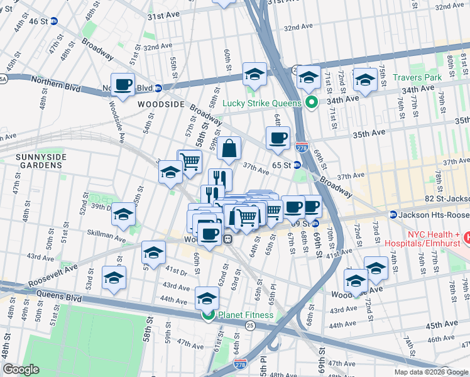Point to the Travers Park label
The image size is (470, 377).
(x=417, y=77)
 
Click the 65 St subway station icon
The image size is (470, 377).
(x=297, y=165)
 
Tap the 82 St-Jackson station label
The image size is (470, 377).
(x=434, y=214)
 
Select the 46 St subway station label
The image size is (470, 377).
(x=38, y=21)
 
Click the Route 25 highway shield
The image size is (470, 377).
(x=249, y=325)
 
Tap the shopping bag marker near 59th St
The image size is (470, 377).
(x=229, y=149)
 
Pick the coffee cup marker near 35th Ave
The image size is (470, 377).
(x=277, y=138)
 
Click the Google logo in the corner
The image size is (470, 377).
(x=21, y=370)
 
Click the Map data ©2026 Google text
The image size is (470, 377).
(x=430, y=372)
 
